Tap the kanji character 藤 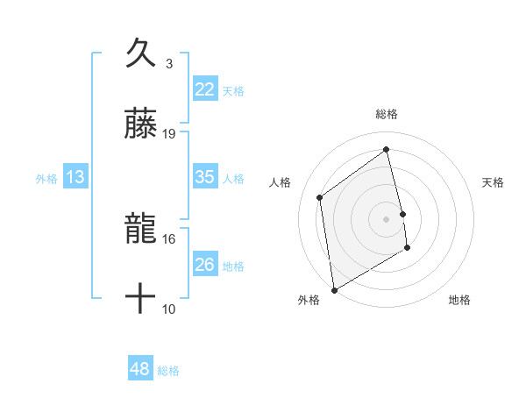(140, 124)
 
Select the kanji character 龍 (140, 230)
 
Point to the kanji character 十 (140, 301)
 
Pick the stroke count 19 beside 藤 (169, 134)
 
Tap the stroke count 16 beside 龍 (169, 238)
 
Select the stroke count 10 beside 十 (169, 309)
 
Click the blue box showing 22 (205, 89)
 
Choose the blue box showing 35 (205, 177)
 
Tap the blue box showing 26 (205, 265)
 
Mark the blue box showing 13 (75, 177)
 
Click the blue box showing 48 (140, 369)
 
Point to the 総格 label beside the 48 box (168, 371)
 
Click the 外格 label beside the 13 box (46, 179)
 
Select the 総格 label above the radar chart (387, 114)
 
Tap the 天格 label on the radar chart (494, 182)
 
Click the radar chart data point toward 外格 (333, 289)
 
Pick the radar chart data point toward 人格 (320, 197)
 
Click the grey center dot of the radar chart (387, 218)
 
